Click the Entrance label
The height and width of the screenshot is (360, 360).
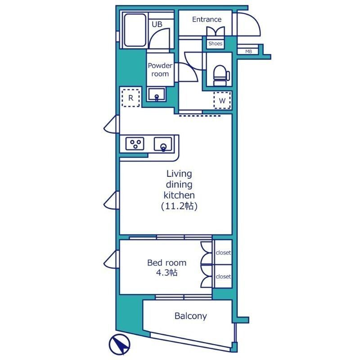pyautogui.click(x=207, y=19)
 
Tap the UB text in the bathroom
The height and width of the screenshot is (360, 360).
pyautogui.click(x=157, y=24)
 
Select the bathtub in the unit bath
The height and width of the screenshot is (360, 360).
pyautogui.click(x=135, y=30)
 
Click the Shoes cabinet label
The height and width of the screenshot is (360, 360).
pyautogui.click(x=216, y=43)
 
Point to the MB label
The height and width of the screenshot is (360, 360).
pyautogui.click(x=249, y=52)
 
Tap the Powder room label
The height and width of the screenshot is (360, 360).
pyautogui.click(x=160, y=70)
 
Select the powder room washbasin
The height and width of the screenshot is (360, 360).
pyautogui.click(x=157, y=94)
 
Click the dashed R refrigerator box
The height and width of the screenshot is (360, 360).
pyautogui.click(x=130, y=98)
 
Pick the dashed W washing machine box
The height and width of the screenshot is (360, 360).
pyautogui.click(x=222, y=100)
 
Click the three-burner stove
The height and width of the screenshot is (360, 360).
pyautogui.click(x=135, y=144)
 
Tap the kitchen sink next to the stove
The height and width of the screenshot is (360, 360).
pyautogui.click(x=163, y=144)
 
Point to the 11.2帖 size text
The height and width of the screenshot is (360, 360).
pyautogui.click(x=179, y=206)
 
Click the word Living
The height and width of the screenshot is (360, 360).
pyautogui.click(x=179, y=174)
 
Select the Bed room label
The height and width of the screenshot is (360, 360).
pyautogui.click(x=166, y=263)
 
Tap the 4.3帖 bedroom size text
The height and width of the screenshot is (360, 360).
pyautogui.click(x=166, y=273)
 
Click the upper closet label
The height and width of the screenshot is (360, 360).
pyautogui.click(x=223, y=252)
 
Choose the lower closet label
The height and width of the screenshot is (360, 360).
pyautogui.click(x=223, y=276)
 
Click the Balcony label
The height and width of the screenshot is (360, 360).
pyautogui.click(x=190, y=316)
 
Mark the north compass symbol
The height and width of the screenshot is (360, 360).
pyautogui.click(x=119, y=345)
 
